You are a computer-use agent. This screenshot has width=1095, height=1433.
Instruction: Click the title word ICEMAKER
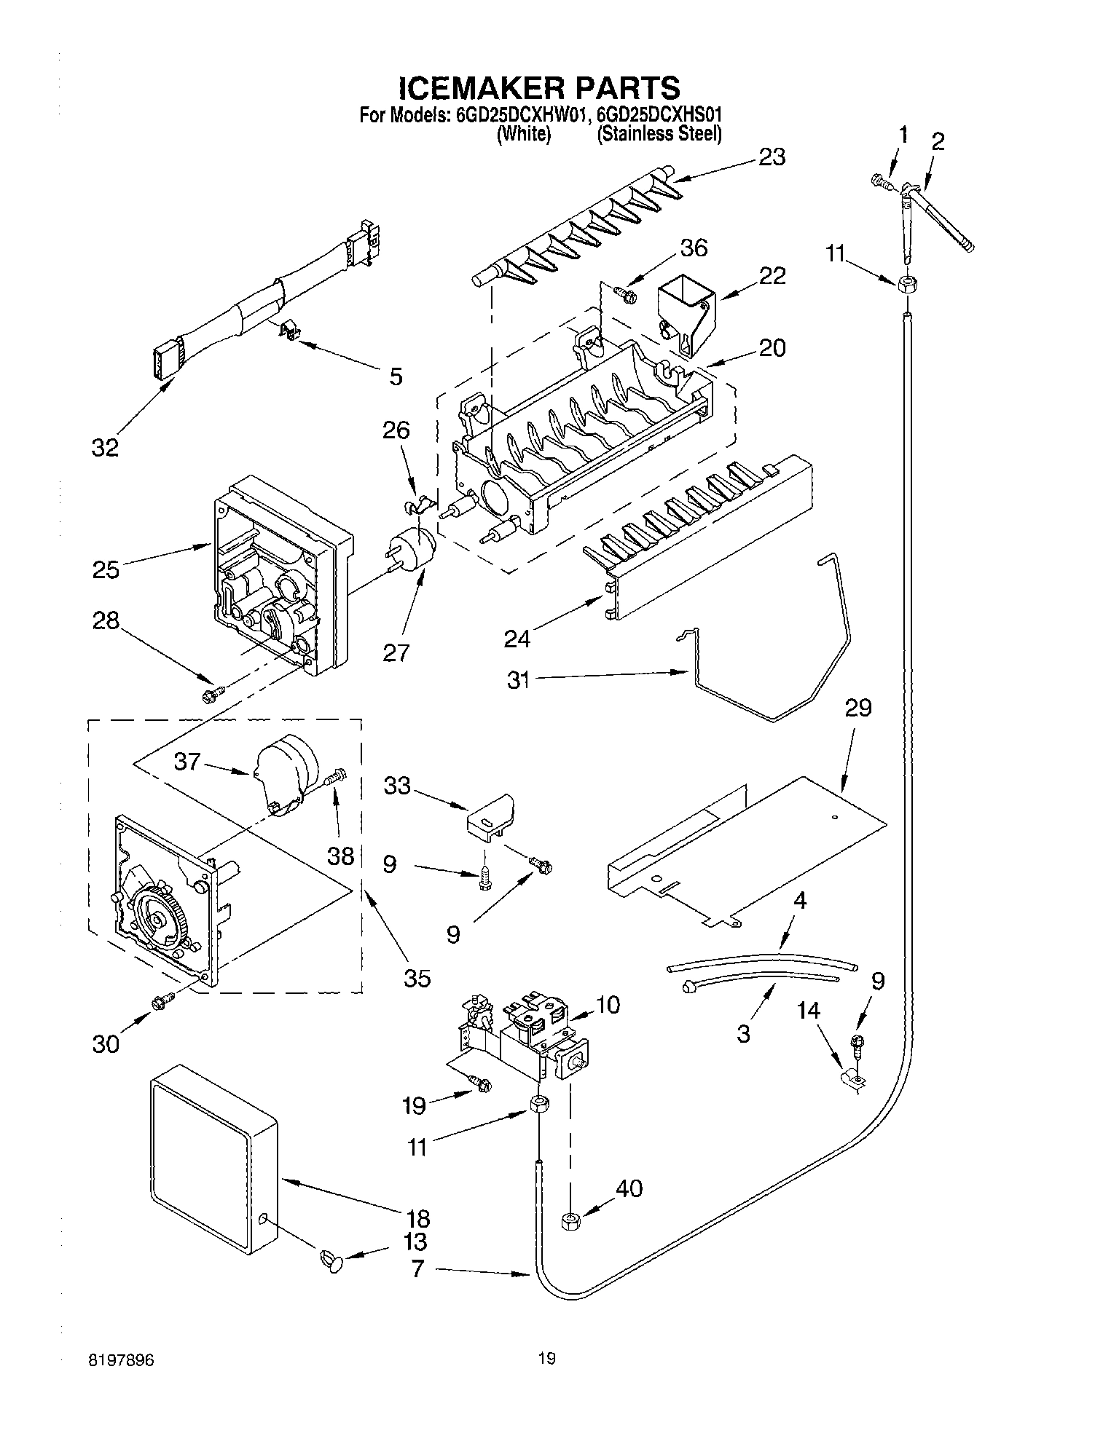[482, 87]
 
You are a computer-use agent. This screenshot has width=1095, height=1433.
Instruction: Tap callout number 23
[772, 157]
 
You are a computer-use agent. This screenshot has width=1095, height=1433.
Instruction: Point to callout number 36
[693, 248]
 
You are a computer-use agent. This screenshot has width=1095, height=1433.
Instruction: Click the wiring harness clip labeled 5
[291, 332]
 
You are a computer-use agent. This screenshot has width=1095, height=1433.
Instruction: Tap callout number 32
[105, 447]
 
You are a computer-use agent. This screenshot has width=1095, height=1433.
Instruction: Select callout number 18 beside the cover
[418, 1218]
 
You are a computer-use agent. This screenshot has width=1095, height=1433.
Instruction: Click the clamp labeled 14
[850, 1078]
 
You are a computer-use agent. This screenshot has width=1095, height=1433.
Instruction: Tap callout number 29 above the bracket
[858, 708]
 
